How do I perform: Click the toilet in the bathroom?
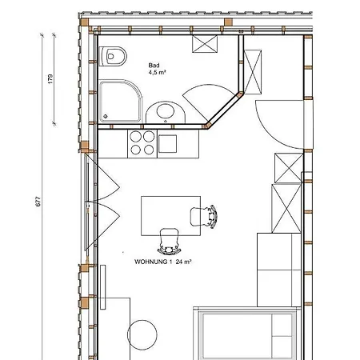point(112,56)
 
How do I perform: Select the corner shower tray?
point(121,101)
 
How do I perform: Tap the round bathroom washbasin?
point(166,112)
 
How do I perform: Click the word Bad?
point(154,66)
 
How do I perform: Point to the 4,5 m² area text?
point(158,72)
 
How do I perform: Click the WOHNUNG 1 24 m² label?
point(163,262)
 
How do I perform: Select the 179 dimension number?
point(50,79)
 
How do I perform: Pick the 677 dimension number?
point(38,202)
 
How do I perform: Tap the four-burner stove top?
point(142,144)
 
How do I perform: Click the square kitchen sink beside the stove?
point(167,144)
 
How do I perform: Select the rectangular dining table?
point(170,216)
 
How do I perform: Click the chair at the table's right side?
point(204,217)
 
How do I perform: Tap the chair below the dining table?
point(169,242)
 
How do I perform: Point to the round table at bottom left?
point(142,335)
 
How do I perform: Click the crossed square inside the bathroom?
point(205,44)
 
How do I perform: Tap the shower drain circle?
point(106,116)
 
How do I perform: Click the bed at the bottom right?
point(246,334)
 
